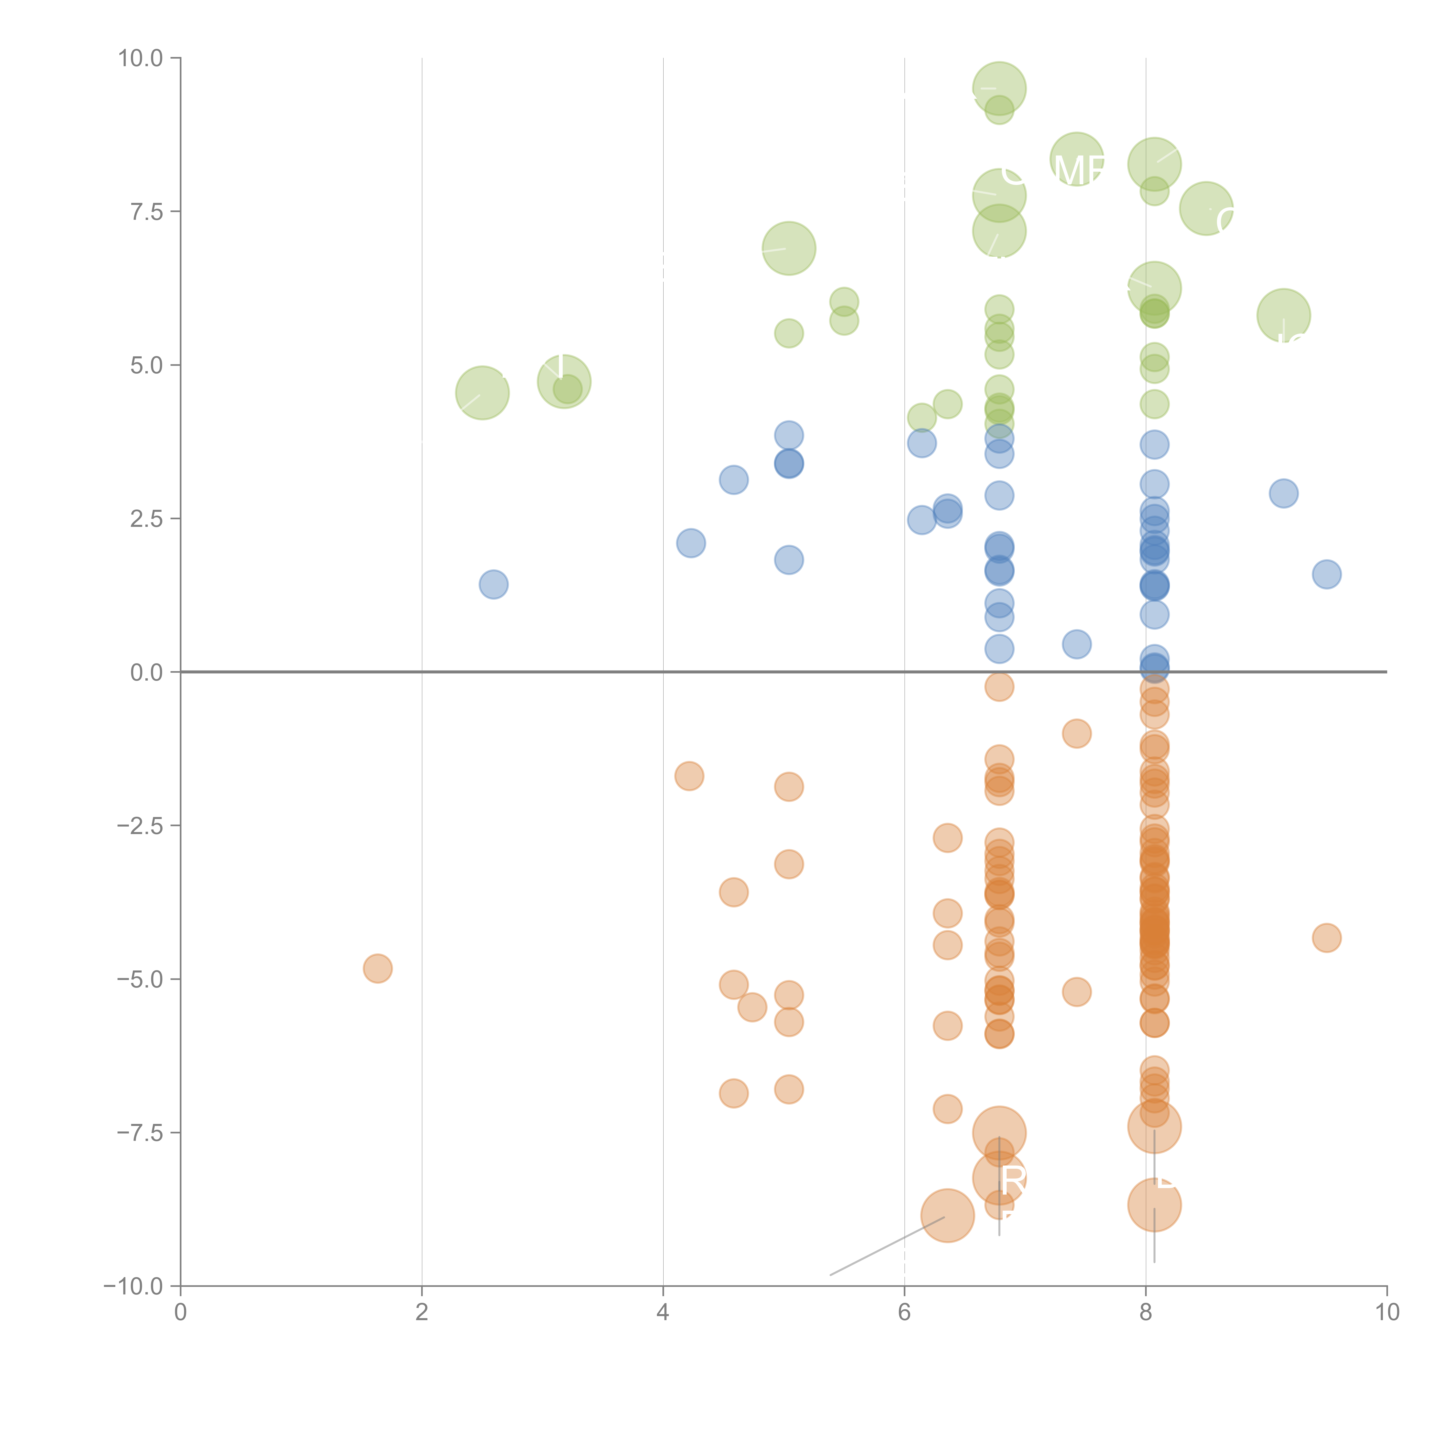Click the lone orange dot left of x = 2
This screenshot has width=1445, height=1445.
tap(378, 968)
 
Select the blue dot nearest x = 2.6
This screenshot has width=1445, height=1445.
tap(494, 584)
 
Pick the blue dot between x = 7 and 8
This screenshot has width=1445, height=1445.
tap(1076, 644)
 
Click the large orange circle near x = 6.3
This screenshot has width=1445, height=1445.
tap(948, 1215)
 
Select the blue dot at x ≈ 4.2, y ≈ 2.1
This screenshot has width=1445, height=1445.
tap(691, 543)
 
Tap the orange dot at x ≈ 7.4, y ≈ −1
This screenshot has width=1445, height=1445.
tap(1076, 734)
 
